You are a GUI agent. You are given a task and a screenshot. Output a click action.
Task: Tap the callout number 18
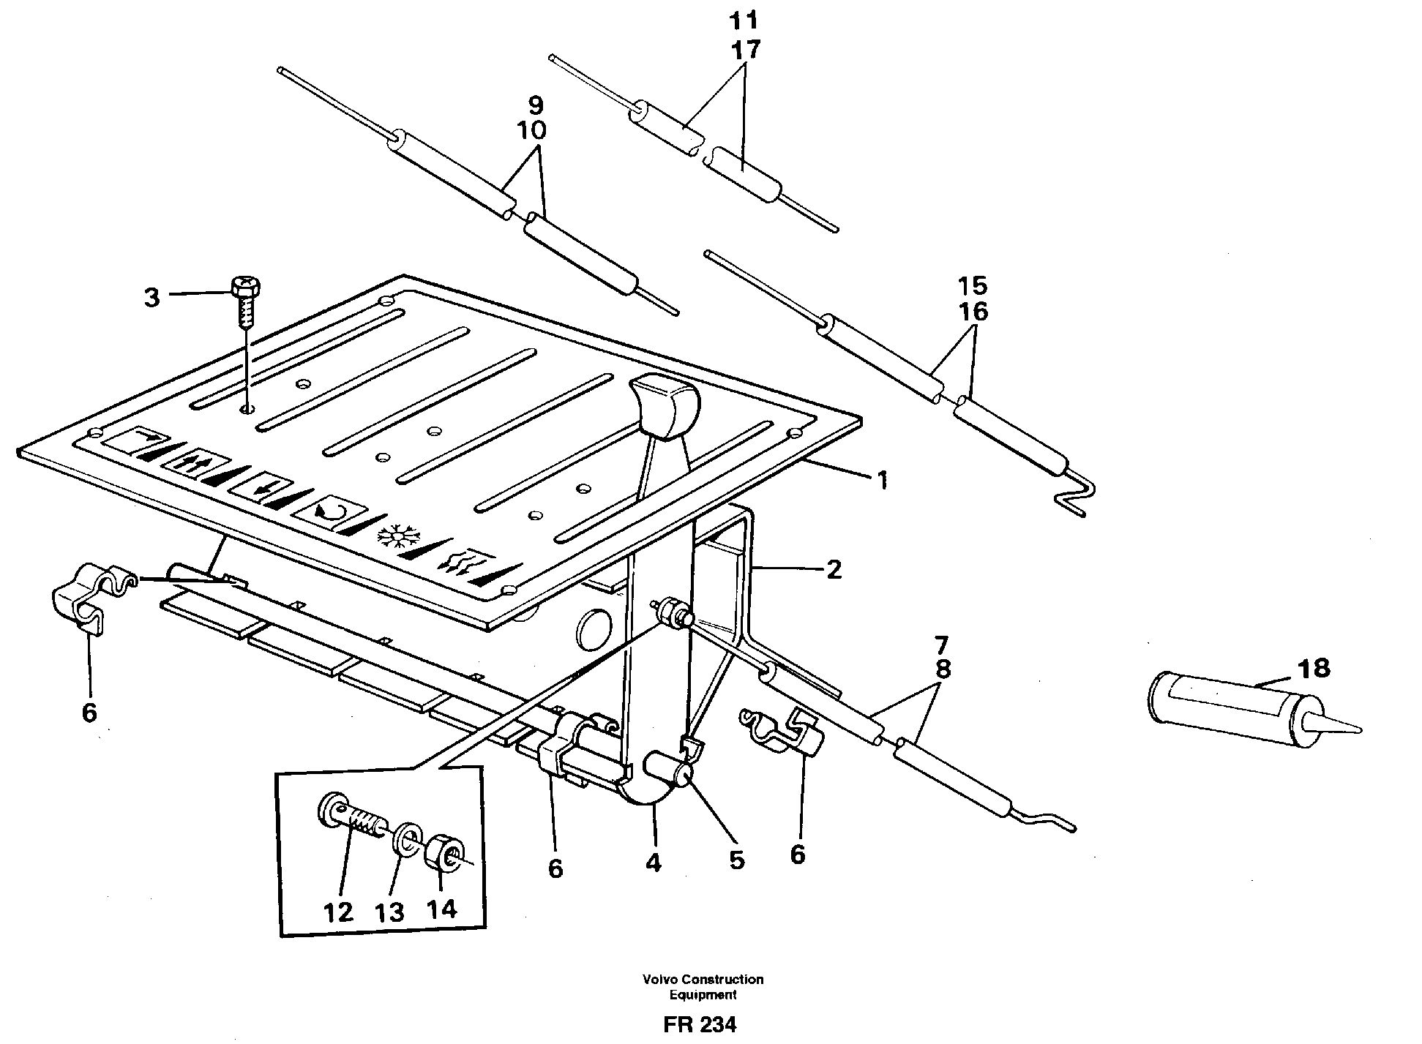point(1314,668)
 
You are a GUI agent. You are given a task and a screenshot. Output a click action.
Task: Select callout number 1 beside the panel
point(883,481)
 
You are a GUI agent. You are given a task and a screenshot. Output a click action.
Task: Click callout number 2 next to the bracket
point(834,569)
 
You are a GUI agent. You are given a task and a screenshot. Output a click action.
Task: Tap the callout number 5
point(736,860)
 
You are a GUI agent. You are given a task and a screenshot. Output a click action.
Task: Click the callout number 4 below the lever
point(654,863)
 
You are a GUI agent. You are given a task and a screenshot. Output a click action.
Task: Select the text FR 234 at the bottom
point(700,1024)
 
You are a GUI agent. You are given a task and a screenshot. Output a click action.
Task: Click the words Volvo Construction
point(703,979)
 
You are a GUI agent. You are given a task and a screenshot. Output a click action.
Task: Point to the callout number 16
point(973,312)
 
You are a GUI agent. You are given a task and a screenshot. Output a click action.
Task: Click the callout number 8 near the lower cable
point(943,669)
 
